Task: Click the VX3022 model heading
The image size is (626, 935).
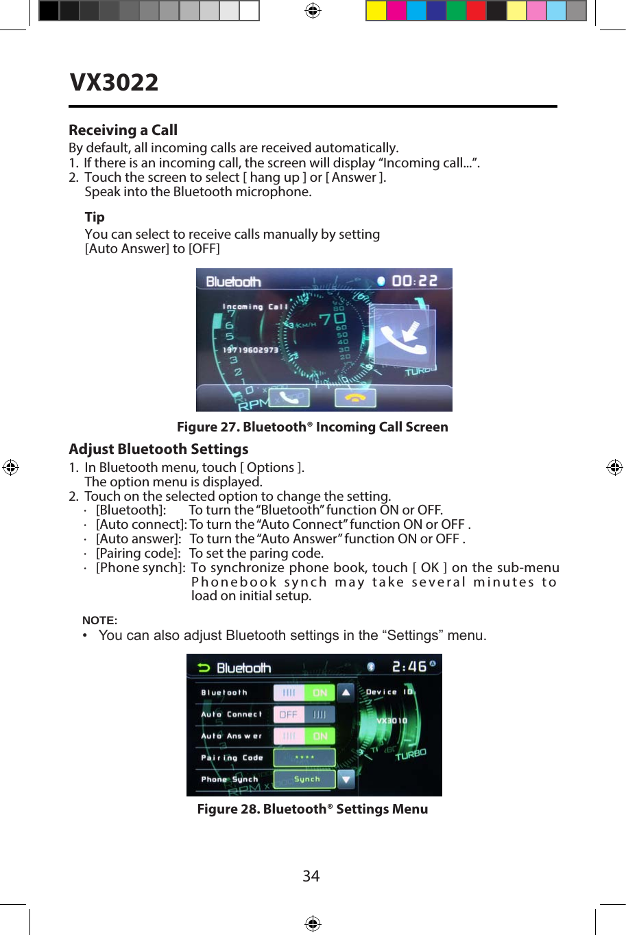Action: click(114, 83)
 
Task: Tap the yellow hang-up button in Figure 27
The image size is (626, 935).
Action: click(354, 397)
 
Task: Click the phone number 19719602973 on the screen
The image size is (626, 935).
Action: click(250, 350)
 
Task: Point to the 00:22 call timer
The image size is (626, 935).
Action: click(414, 281)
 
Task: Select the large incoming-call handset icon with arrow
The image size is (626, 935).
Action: click(402, 335)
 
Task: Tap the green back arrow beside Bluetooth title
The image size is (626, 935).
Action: click(203, 667)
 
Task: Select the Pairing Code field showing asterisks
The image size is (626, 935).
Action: click(304, 757)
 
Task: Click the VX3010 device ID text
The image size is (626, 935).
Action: click(392, 721)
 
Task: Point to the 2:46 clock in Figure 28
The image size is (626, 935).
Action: click(409, 667)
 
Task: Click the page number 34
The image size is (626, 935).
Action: click(311, 876)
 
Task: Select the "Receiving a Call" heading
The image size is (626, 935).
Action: click(123, 130)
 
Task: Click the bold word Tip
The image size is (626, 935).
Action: click(95, 217)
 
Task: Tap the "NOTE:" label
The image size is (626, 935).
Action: click(100, 620)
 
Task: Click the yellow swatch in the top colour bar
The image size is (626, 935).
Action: click(376, 11)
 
